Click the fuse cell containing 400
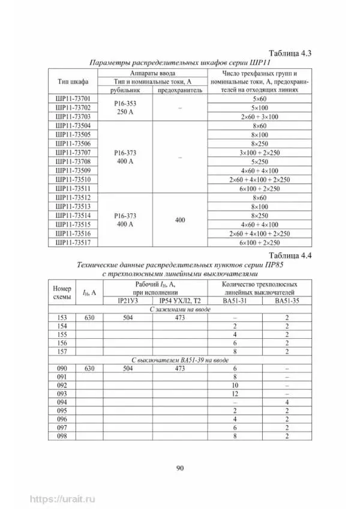click(180, 220)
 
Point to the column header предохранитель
click(180, 89)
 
